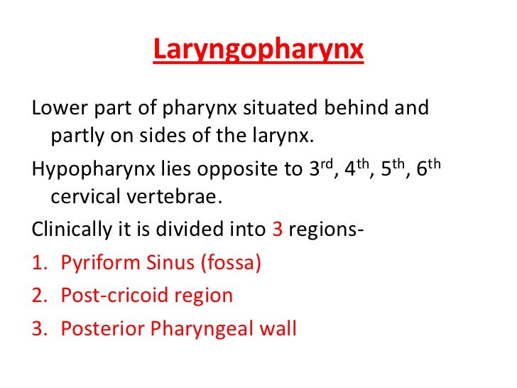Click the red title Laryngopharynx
(x=258, y=51)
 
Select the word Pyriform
(x=96, y=263)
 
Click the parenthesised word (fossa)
(x=229, y=263)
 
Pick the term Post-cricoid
(x=105, y=295)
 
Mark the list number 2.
(x=38, y=295)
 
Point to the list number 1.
(x=38, y=263)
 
